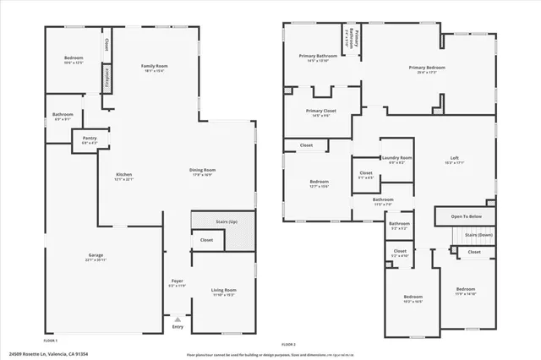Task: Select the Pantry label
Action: coord(90,138)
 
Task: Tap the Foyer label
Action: coord(178,281)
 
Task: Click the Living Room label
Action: coord(224,290)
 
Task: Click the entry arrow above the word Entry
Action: coord(178,319)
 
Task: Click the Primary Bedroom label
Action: coord(427,67)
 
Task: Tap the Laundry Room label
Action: coord(396,157)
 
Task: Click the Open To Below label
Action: coord(466,216)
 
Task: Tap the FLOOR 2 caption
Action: coord(289,344)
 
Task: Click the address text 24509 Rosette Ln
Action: coord(47,354)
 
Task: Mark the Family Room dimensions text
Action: coord(154,71)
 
